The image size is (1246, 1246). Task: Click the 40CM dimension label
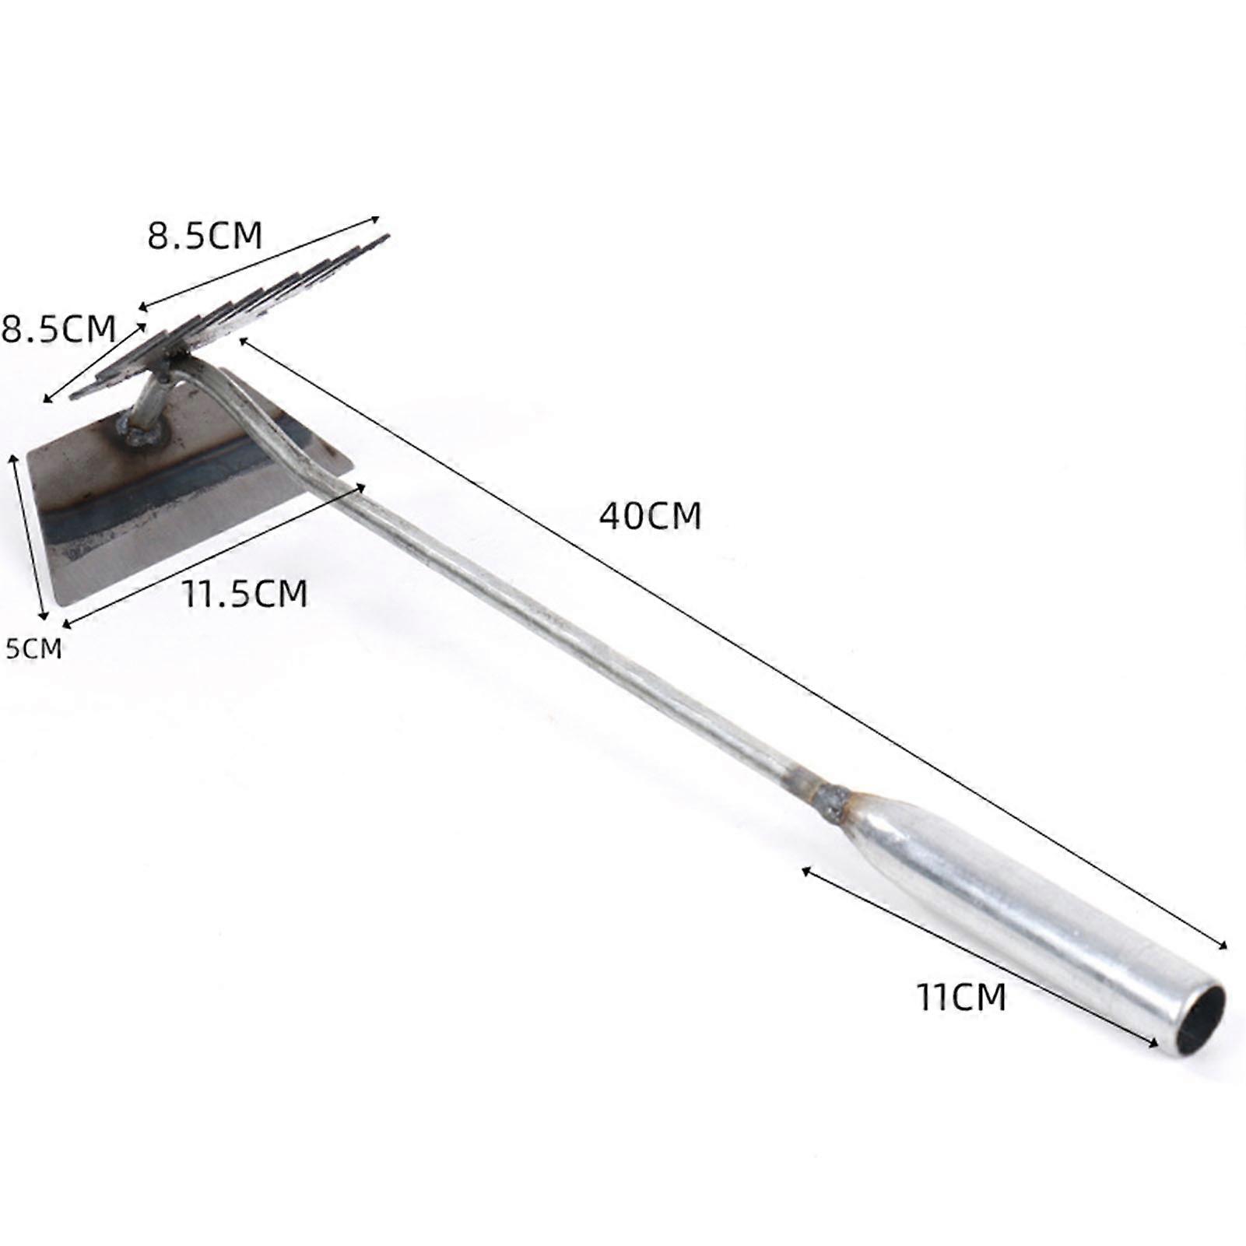650,515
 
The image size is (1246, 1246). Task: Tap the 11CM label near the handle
961,997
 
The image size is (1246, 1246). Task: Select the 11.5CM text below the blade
245,594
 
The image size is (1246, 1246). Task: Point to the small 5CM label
33,648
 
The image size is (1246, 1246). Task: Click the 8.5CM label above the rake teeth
205,235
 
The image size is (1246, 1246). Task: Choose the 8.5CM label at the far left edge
58,328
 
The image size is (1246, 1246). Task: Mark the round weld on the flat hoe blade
141,430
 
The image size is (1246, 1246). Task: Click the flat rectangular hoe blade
179,498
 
